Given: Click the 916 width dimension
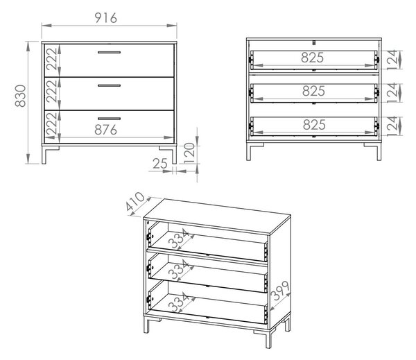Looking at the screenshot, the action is [x=105, y=18].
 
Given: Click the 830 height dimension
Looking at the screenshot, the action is [x=20, y=96].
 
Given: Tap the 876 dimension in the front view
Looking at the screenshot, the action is [x=105, y=130].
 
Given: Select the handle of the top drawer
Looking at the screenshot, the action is [x=109, y=52].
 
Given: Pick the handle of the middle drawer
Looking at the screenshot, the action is [x=109, y=85].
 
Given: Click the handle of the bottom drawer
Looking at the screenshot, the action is [x=109, y=119].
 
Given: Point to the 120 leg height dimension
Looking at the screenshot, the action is [x=189, y=153].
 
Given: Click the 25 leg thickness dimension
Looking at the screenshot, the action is [x=160, y=164].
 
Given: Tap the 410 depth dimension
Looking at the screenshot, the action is [x=135, y=201].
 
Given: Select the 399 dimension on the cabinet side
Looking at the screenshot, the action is [x=280, y=291].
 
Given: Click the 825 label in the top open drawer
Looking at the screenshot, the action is [x=312, y=58].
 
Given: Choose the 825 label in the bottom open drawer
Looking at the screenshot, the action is [x=314, y=125].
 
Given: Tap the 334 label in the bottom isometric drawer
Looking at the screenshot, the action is [x=179, y=302].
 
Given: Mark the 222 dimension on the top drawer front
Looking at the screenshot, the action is [x=51, y=59].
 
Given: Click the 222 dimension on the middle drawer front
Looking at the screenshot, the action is [x=51, y=91].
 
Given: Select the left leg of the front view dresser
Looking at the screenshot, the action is [x=47, y=155].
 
